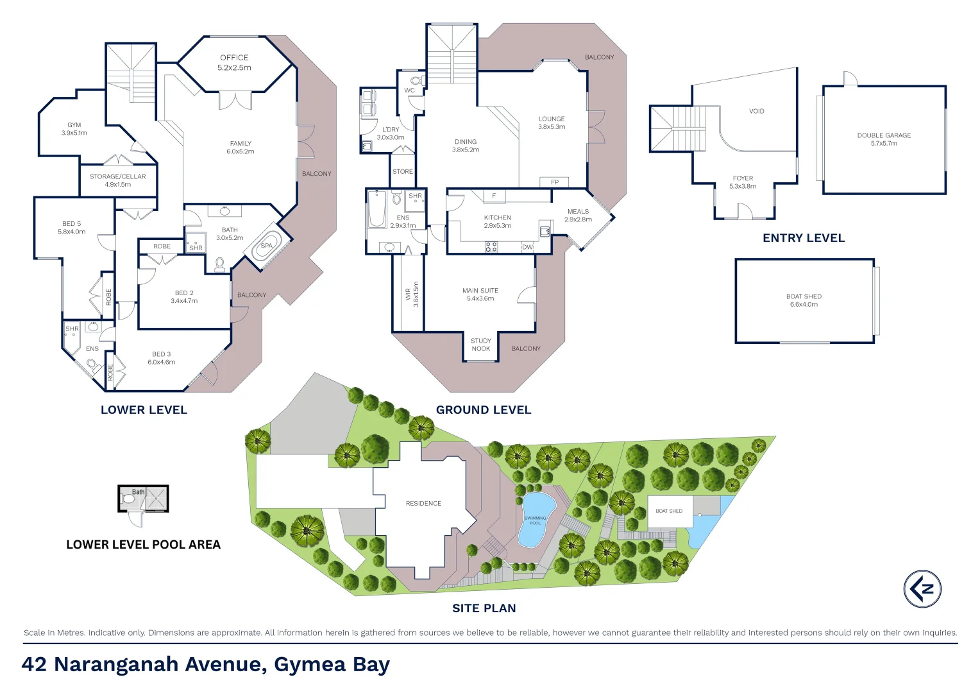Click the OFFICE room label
(234, 58)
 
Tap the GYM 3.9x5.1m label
(74, 129)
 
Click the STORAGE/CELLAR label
(118, 176)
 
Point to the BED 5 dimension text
(72, 232)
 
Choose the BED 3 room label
(162, 354)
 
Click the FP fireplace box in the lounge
(554, 182)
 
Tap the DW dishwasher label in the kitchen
(527, 247)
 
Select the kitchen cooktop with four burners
(491, 246)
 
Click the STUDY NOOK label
(481, 345)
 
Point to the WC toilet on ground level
(416, 81)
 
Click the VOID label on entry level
(757, 111)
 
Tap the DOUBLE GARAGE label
(884, 135)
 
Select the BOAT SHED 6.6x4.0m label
(804, 300)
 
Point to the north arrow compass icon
(922, 588)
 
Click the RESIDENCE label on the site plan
(423, 504)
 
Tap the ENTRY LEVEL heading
(804, 238)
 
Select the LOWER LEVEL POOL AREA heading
(143, 545)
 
